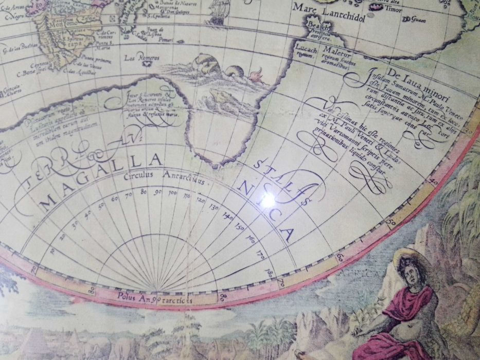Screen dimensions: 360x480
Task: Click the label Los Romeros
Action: (140, 58)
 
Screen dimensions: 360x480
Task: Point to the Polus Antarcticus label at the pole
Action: (154, 297)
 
